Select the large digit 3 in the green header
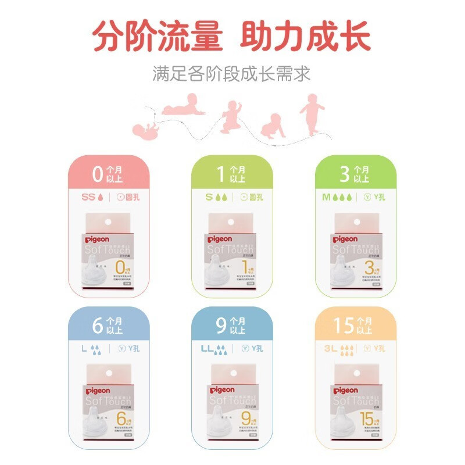(344, 174)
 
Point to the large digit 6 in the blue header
(98, 325)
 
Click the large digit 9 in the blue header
(220, 325)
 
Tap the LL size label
(205, 349)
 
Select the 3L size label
(330, 349)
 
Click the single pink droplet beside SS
(103, 197)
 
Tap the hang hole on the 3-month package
(354, 221)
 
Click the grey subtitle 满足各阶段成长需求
(232, 74)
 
